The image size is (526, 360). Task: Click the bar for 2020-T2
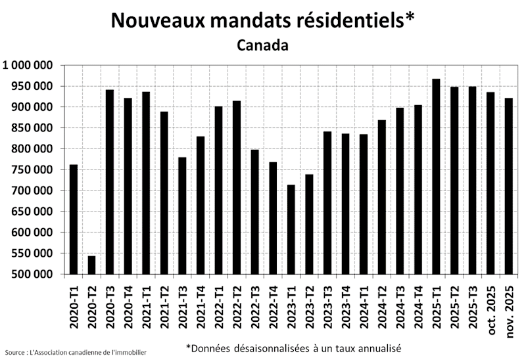[92, 265]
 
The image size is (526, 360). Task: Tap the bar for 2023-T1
[291, 229]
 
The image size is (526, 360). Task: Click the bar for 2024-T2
[382, 197]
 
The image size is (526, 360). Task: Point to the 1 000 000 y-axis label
[28, 65]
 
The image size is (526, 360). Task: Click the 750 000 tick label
[32, 169]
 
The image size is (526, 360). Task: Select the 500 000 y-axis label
[32, 274]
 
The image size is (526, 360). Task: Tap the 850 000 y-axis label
[32, 128]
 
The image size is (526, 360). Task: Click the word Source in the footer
[14, 353]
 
